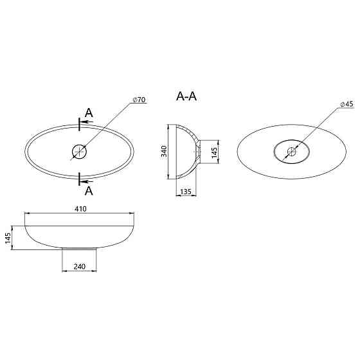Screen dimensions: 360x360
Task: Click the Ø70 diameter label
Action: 139,100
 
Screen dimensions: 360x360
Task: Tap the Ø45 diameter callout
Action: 346,104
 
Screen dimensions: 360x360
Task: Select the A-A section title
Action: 186,96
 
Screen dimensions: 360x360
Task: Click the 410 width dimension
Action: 80,209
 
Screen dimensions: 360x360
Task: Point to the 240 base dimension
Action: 80,266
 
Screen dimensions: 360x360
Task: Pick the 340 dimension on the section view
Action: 164,151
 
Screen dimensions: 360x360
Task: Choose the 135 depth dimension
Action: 186,192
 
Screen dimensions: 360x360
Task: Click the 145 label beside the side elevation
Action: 8,238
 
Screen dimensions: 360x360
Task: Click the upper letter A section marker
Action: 89,113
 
